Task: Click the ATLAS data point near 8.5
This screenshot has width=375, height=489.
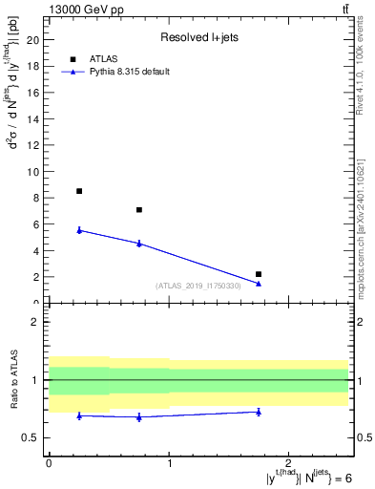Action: click(79, 191)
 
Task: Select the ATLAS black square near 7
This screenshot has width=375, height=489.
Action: click(139, 210)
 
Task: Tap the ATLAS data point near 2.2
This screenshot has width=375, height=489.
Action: click(259, 274)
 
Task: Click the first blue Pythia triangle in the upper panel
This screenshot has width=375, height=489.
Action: click(79, 229)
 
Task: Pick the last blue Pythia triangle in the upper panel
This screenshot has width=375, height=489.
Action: click(259, 283)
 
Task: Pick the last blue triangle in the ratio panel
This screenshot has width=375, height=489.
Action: click(259, 412)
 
